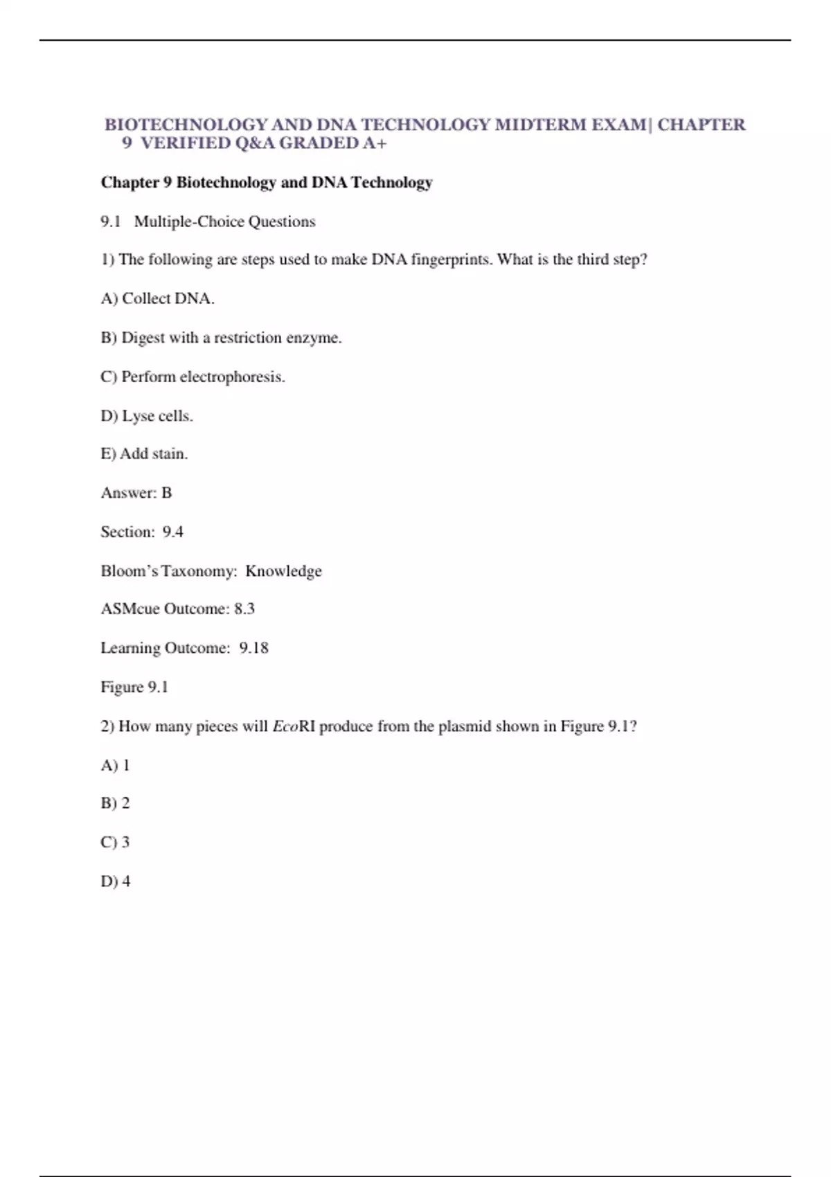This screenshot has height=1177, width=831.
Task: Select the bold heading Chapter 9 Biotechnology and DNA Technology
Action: coord(267,182)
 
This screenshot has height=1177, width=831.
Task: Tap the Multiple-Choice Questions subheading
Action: coord(224,222)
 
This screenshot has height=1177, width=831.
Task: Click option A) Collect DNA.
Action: coord(157,298)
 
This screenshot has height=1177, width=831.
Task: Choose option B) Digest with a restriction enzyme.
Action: coord(221,338)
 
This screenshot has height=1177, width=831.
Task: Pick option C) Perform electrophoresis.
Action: coord(193,377)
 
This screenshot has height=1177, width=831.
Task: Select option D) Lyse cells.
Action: coord(147,416)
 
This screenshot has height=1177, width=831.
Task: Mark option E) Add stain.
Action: coord(144,454)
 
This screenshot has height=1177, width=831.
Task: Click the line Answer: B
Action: coord(136,493)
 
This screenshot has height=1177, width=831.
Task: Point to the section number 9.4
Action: coord(173,532)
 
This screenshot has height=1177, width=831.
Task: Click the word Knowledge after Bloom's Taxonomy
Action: coord(283,571)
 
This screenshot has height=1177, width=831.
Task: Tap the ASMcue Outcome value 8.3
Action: coord(244,609)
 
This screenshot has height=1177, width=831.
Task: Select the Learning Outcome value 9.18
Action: coord(253,648)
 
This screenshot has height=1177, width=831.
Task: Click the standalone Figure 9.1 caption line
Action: coord(134,687)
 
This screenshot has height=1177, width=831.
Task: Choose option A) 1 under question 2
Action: coord(115,765)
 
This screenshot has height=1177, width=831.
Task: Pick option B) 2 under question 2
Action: coord(115,803)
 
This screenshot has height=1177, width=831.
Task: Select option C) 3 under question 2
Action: coord(115,842)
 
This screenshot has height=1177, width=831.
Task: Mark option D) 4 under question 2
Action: coord(116,881)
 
